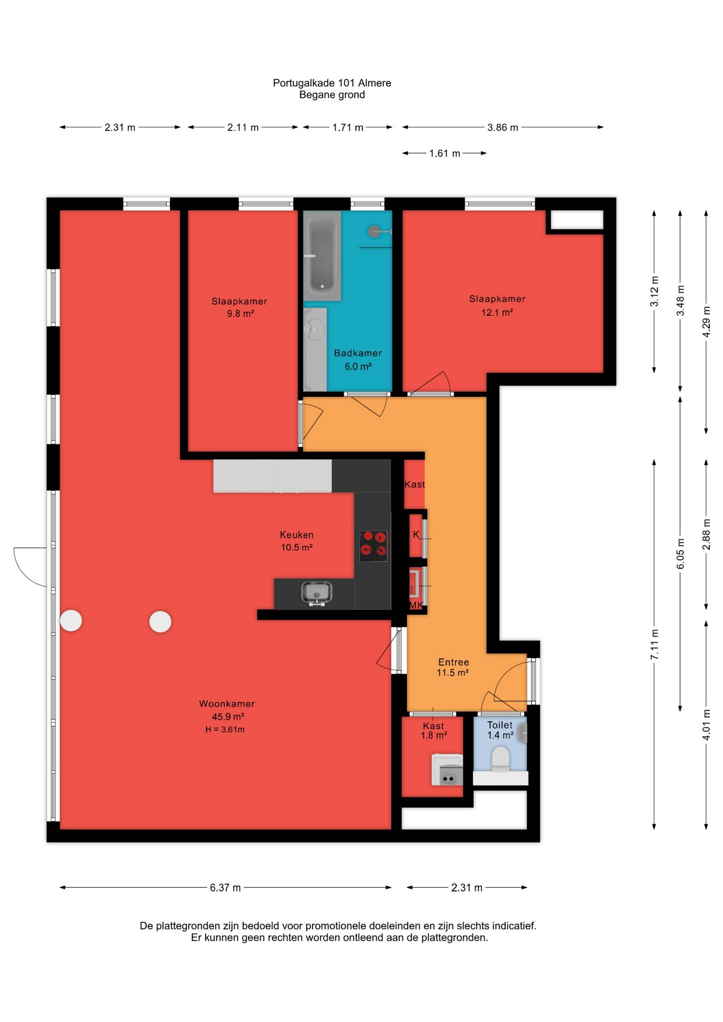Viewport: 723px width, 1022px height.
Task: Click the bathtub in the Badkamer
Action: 322,256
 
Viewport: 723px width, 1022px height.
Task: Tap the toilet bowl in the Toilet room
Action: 500,759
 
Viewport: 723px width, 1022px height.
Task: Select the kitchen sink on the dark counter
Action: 317,594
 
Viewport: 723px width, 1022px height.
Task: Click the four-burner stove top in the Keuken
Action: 373,545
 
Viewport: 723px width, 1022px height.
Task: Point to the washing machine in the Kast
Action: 447,770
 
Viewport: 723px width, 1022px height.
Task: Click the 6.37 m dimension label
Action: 225,887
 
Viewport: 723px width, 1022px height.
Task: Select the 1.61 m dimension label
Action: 445,153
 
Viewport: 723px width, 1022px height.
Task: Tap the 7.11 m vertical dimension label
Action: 654,644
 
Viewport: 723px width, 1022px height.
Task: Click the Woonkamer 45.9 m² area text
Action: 228,716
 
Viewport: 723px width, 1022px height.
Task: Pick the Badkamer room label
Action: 358,353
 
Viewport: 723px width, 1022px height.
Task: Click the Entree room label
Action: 454,662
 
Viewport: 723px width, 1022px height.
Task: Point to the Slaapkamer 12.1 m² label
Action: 497,306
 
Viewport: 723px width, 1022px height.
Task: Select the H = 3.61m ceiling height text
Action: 225,729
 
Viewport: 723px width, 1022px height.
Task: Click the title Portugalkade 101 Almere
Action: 332,83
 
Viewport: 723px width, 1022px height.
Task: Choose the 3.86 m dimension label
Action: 503,127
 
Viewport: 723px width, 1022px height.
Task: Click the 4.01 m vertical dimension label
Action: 706,724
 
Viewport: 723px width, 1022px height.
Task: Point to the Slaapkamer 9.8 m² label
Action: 240,307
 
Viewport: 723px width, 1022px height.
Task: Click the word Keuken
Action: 297,535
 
